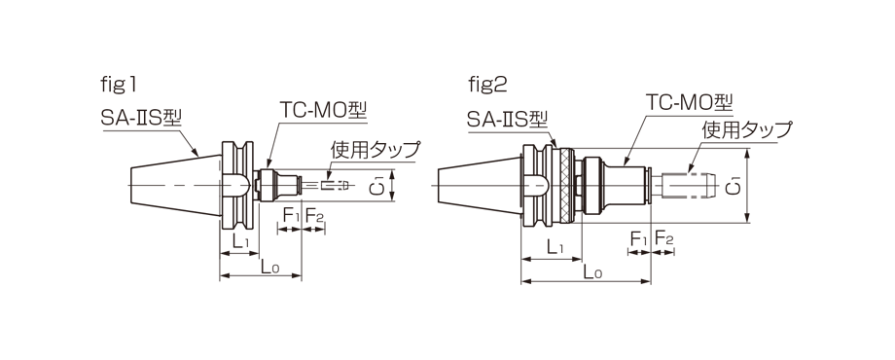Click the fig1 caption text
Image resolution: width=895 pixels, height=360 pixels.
119,86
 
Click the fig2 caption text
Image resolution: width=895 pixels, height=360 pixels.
487,86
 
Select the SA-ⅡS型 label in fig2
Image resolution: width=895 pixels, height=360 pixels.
507,120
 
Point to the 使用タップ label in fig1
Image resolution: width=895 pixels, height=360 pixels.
375,150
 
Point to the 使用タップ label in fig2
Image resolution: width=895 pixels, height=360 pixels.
747,129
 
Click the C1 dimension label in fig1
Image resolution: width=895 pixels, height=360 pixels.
376,186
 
